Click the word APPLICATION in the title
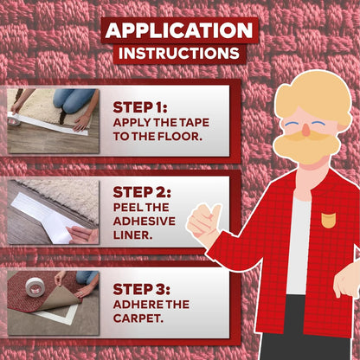click(x=179, y=30)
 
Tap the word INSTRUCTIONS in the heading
click(x=179, y=54)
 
